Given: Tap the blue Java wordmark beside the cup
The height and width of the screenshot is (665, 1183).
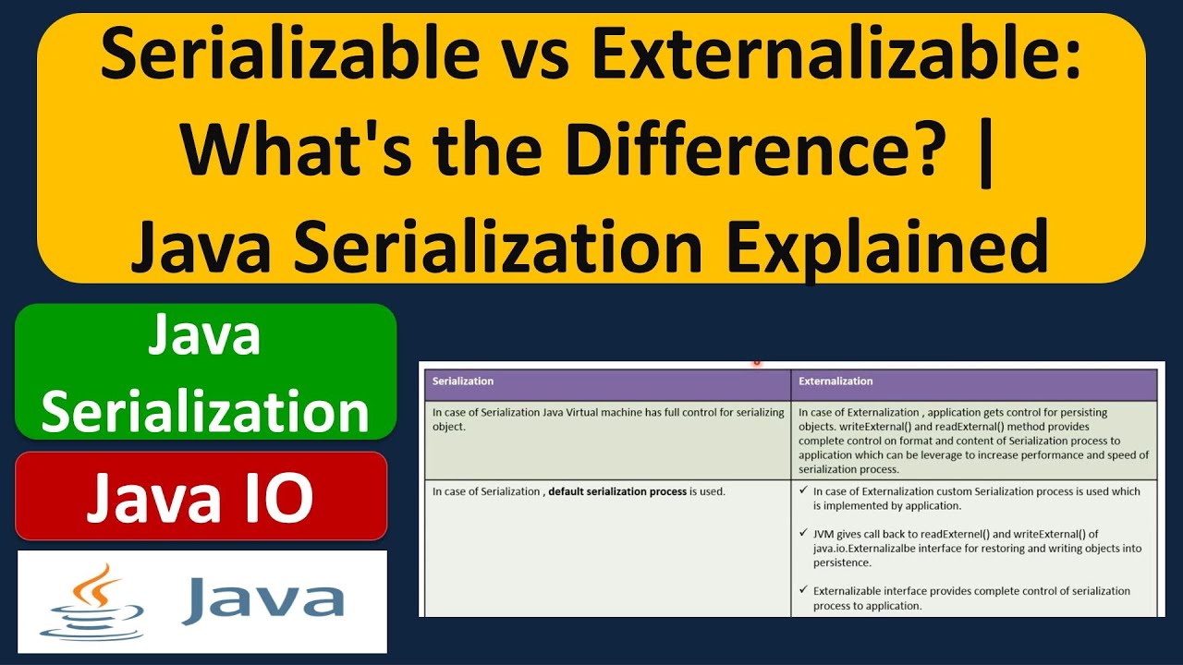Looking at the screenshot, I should point(263,599).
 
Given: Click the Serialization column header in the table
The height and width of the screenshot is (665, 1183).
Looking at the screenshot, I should point(463,381).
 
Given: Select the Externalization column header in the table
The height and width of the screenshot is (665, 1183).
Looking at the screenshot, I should point(835,381).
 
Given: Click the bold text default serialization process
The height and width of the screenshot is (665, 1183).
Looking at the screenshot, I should point(616,491).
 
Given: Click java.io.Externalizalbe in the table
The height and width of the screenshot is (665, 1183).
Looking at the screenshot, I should point(865,549).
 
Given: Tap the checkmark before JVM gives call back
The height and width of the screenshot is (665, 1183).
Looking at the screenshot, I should point(803,534).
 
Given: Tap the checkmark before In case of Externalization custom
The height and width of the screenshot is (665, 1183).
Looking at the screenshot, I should point(803,491).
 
